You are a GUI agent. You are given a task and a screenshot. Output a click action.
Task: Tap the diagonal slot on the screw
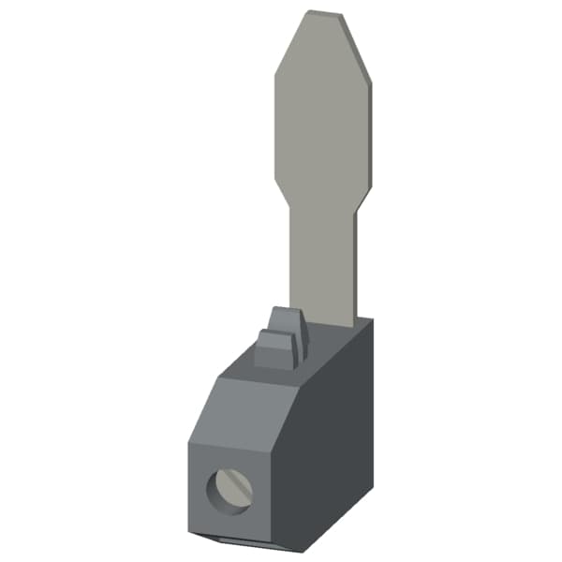pos(230,487)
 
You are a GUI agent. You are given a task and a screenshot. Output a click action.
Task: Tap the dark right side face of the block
pos(337,440)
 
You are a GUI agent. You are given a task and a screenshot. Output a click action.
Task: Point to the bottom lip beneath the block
pos(244,540)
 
